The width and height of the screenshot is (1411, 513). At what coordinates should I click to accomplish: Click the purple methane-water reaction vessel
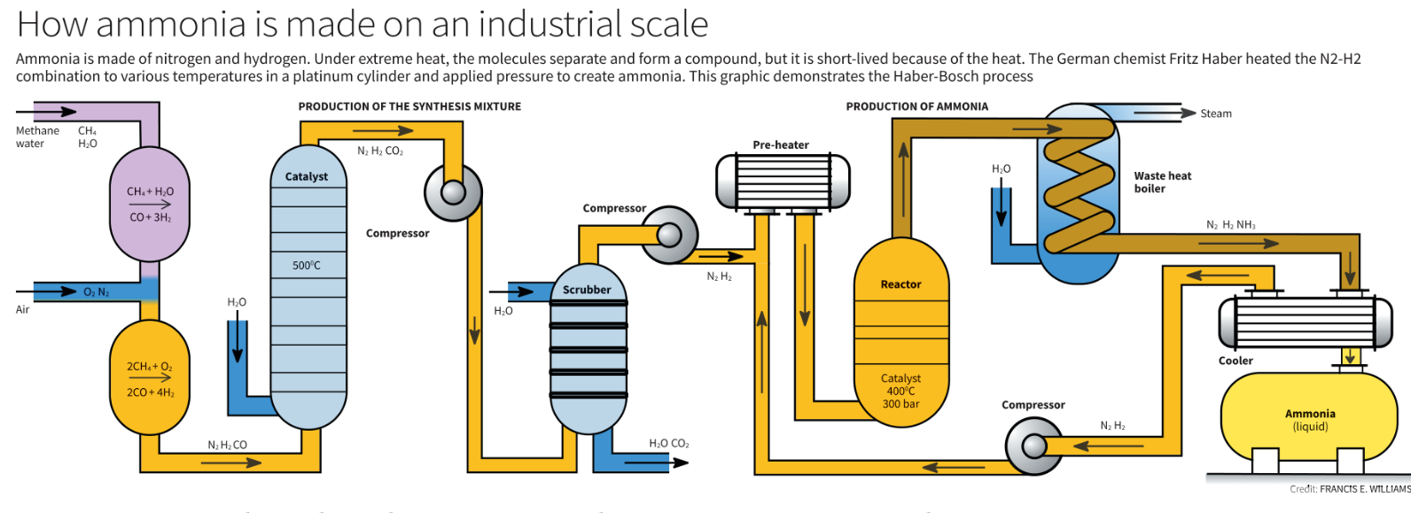[x=150, y=204]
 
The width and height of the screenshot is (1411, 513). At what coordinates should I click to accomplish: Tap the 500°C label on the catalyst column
[x=307, y=266]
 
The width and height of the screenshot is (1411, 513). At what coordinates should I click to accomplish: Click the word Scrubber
[x=587, y=290]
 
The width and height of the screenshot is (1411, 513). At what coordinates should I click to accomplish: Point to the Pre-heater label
[x=781, y=145]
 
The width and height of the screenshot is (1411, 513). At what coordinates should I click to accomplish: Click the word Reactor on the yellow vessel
[x=900, y=284]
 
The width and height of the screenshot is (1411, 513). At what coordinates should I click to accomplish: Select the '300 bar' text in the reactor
[x=900, y=404]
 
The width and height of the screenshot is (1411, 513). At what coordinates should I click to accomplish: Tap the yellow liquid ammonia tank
[x=1309, y=416]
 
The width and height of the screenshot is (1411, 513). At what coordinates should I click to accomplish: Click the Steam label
[x=1216, y=113]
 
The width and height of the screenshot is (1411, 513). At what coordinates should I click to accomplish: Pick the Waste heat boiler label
[x=1162, y=182]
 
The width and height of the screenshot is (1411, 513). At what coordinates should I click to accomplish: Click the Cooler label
[x=1236, y=361]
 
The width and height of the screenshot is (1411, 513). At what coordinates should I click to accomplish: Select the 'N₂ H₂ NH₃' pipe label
[x=1230, y=225]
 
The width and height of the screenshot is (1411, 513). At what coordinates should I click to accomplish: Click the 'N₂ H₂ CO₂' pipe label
[x=380, y=152]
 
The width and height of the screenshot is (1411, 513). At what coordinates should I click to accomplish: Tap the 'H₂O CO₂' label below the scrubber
[x=668, y=443]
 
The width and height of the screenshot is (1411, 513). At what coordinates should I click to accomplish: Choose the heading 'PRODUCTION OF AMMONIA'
[x=916, y=106]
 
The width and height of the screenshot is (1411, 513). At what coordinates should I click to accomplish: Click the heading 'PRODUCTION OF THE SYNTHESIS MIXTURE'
[x=409, y=106]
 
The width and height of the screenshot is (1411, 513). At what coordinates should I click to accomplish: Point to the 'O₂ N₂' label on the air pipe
[x=97, y=292]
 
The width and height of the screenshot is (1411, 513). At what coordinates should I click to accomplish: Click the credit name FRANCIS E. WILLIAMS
[x=1364, y=489]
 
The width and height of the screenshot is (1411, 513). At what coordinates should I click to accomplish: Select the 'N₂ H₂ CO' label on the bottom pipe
[x=228, y=445]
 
